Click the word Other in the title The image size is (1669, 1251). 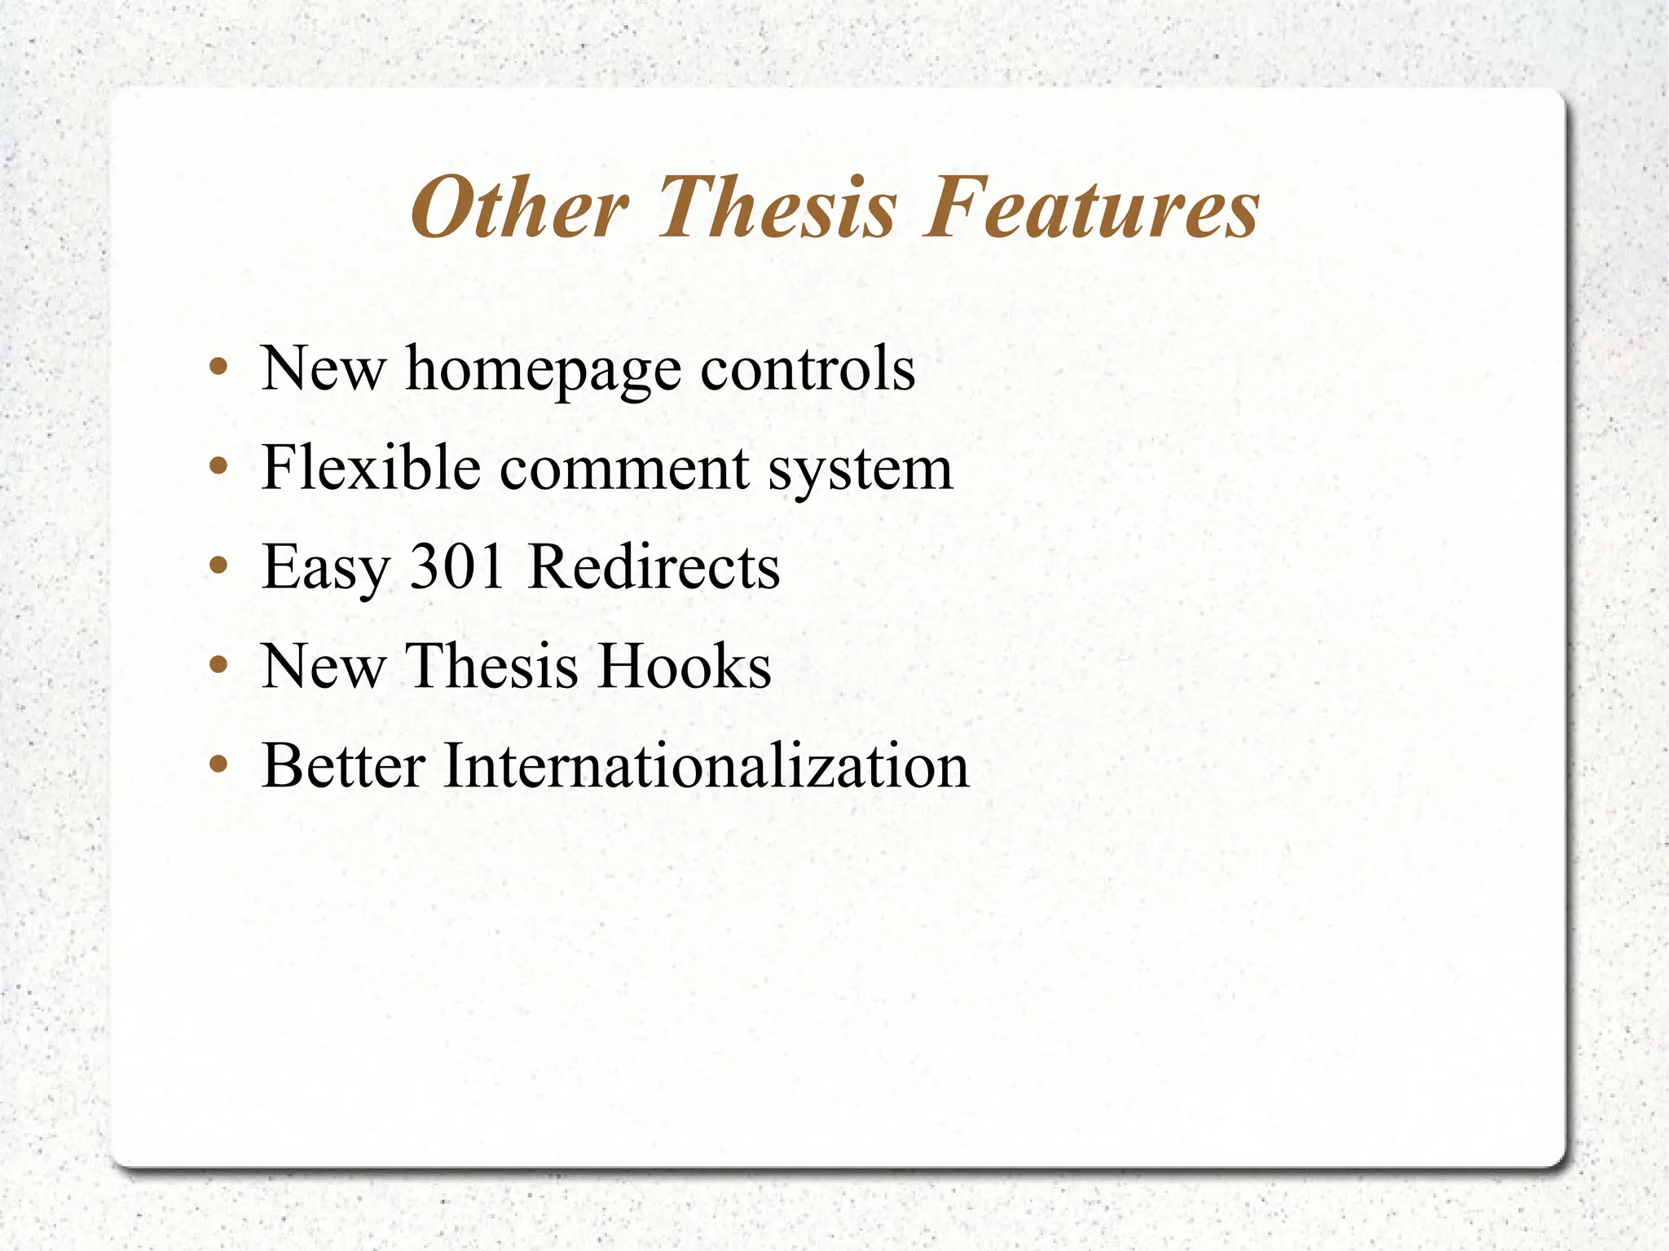pyautogui.click(x=519, y=209)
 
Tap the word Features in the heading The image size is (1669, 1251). pyautogui.click(x=1091, y=209)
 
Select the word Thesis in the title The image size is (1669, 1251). pyautogui.click(x=777, y=209)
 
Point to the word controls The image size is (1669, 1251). pyautogui.click(x=808, y=369)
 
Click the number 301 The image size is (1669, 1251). pyautogui.click(x=457, y=566)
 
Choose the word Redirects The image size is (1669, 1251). pyautogui.click(x=654, y=566)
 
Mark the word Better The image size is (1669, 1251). pyautogui.click(x=343, y=766)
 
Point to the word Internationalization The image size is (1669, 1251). pyautogui.click(x=706, y=766)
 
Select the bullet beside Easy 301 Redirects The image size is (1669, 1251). pyautogui.click(x=218, y=565)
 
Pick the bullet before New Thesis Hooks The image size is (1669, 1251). pyautogui.click(x=218, y=664)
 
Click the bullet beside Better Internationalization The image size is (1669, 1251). pyautogui.click(x=218, y=764)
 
